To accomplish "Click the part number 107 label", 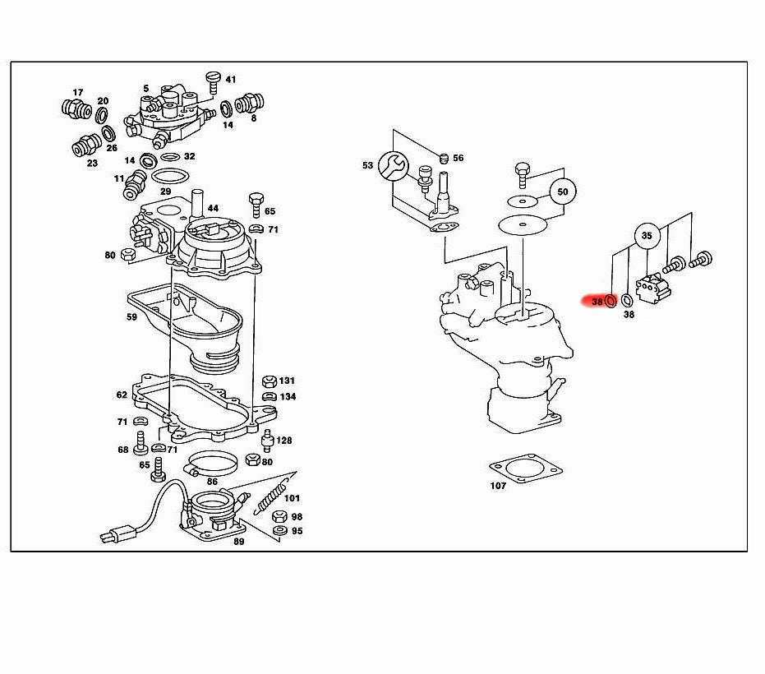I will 498,485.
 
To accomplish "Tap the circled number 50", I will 562,192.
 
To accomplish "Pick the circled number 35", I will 647,236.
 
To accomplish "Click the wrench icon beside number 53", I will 394,165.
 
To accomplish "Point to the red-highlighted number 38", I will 597,302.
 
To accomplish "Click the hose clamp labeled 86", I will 212,464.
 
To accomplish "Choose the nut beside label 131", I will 267,381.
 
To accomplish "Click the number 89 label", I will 238,542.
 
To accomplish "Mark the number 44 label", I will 213,209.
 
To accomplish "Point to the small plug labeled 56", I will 444,158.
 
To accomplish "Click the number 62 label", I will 122,395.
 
